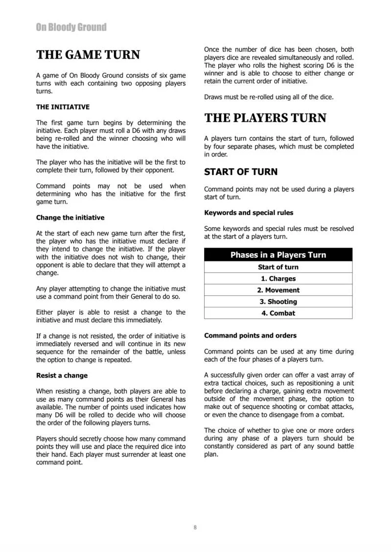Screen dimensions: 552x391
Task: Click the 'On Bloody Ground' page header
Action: click(x=71, y=27)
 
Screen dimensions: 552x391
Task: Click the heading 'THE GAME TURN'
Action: click(x=88, y=55)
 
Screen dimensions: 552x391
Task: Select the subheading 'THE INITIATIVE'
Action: click(x=63, y=107)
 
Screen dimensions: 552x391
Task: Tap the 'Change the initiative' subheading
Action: click(x=70, y=218)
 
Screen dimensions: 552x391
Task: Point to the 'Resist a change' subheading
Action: click(x=62, y=375)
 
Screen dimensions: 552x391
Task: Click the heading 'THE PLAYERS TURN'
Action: click(x=265, y=118)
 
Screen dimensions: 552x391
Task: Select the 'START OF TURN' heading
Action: click(x=240, y=172)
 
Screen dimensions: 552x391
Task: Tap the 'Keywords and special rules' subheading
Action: click(x=249, y=213)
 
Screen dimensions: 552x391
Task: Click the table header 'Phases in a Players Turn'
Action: click(x=278, y=255)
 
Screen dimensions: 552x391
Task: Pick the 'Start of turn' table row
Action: click(x=278, y=267)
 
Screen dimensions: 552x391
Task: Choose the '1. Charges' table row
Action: click(x=278, y=279)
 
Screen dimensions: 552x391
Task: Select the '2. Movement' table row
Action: click(x=278, y=290)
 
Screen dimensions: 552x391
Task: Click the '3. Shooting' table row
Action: click(x=278, y=302)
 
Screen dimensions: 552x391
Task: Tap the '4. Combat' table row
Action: click(x=278, y=313)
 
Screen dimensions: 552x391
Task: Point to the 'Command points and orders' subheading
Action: click(x=250, y=335)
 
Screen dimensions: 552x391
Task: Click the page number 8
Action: click(x=195, y=527)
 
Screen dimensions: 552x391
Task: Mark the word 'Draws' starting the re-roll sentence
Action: click(x=214, y=97)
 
